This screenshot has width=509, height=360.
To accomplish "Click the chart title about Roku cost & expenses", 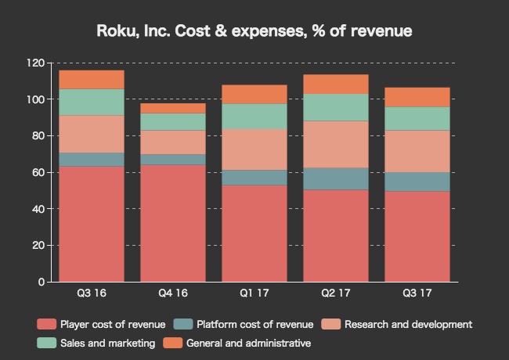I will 254,31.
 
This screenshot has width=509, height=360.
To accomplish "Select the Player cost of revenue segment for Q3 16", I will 92,224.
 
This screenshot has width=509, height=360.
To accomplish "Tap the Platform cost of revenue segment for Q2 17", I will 336,178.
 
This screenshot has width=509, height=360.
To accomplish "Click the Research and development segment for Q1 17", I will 254,149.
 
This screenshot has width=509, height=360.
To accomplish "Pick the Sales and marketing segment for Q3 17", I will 417,118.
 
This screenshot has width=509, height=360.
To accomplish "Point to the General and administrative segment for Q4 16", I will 173,108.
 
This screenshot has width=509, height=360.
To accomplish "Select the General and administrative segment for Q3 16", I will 92,79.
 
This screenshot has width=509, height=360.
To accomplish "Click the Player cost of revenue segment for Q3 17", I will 417,236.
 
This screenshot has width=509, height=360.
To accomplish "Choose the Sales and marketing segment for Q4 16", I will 173,121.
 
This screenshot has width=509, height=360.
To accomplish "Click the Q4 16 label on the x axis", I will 173,293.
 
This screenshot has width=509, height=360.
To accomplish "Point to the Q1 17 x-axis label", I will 254,293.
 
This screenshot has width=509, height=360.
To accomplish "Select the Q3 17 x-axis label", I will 417,293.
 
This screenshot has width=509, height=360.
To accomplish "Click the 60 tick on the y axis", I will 36,172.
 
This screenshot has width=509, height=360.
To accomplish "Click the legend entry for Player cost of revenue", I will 102,324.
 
